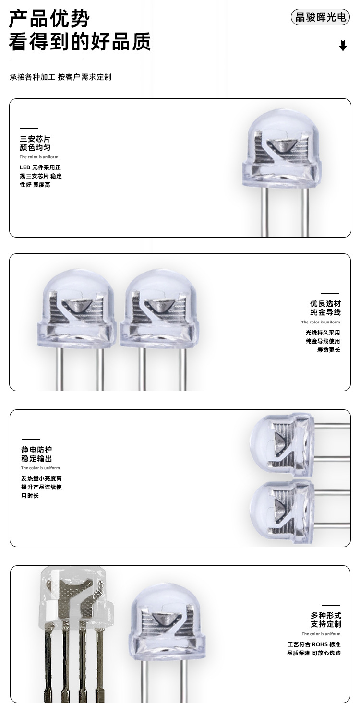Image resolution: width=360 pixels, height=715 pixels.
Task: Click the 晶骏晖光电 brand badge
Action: [x=320, y=17]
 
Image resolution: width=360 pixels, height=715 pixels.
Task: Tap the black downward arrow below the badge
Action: [x=343, y=46]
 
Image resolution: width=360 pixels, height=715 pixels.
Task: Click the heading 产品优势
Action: [x=49, y=19]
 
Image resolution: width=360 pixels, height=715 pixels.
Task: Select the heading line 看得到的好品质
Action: [x=80, y=42]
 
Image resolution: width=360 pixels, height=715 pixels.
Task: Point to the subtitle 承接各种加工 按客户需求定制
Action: [x=60, y=77]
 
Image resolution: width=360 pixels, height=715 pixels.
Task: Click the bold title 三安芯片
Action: [x=35, y=139]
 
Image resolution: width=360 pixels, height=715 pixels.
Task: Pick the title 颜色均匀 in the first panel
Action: [x=35, y=148]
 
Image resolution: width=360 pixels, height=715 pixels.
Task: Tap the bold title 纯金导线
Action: [x=325, y=312]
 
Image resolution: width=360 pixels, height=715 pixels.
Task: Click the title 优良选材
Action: [x=325, y=304]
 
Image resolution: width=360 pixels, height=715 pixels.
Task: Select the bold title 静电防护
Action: [x=36, y=450]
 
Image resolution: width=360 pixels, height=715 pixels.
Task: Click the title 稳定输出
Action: [x=36, y=459]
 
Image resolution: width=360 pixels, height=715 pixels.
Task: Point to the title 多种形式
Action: [x=325, y=616]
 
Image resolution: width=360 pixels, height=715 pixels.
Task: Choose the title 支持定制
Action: [x=325, y=624]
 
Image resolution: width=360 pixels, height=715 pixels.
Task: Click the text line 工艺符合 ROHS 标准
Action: [x=314, y=644]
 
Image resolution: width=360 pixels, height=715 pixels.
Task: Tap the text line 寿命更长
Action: [x=328, y=350]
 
